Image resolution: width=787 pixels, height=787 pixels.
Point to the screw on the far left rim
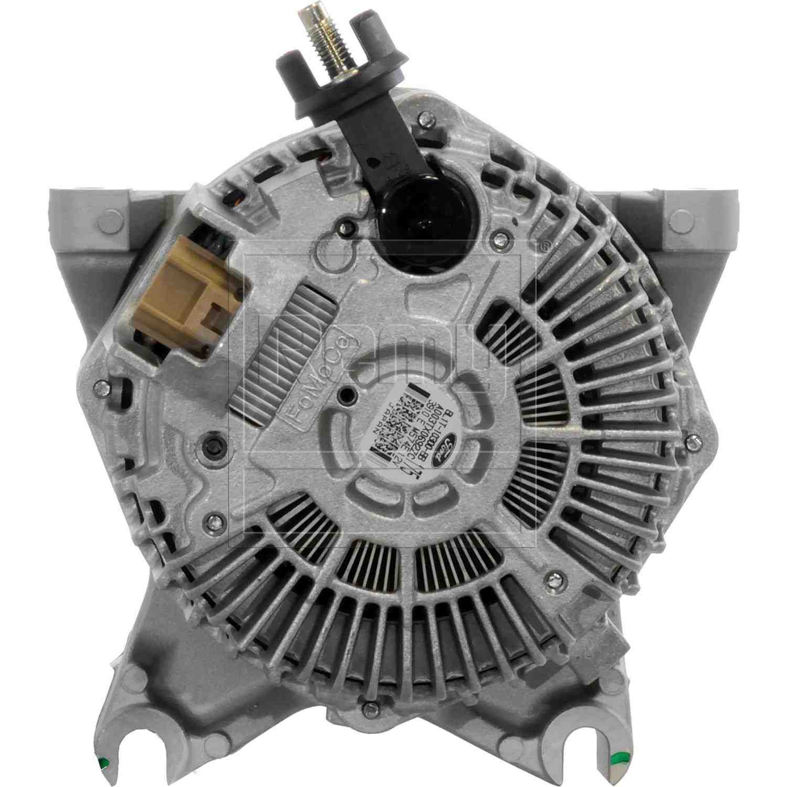tap(96, 388)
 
